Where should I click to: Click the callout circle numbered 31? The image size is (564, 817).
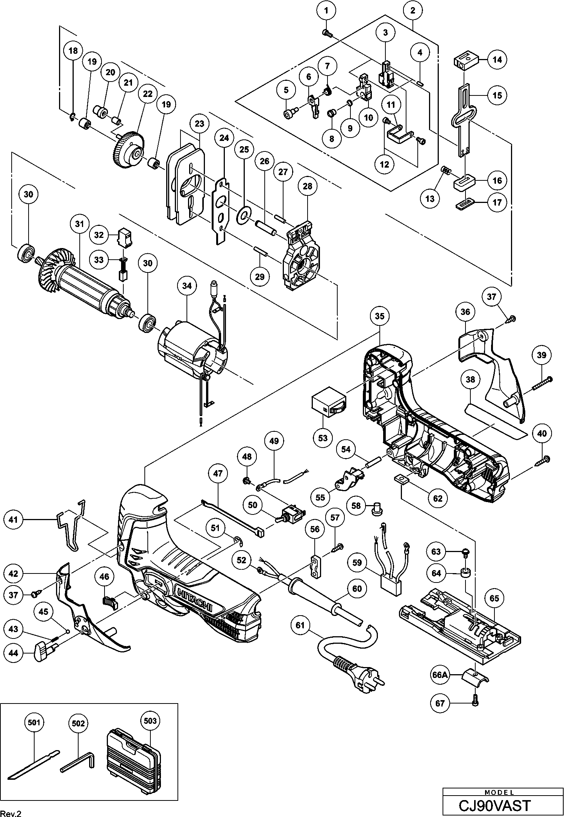(79, 224)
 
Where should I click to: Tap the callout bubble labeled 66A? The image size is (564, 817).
(440, 675)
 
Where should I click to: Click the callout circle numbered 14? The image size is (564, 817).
(497, 59)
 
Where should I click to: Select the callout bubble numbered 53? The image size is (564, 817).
(323, 438)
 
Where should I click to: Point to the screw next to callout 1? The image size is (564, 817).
(326, 33)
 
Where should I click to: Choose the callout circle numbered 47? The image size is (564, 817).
(218, 474)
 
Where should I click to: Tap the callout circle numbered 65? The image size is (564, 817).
(494, 598)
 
